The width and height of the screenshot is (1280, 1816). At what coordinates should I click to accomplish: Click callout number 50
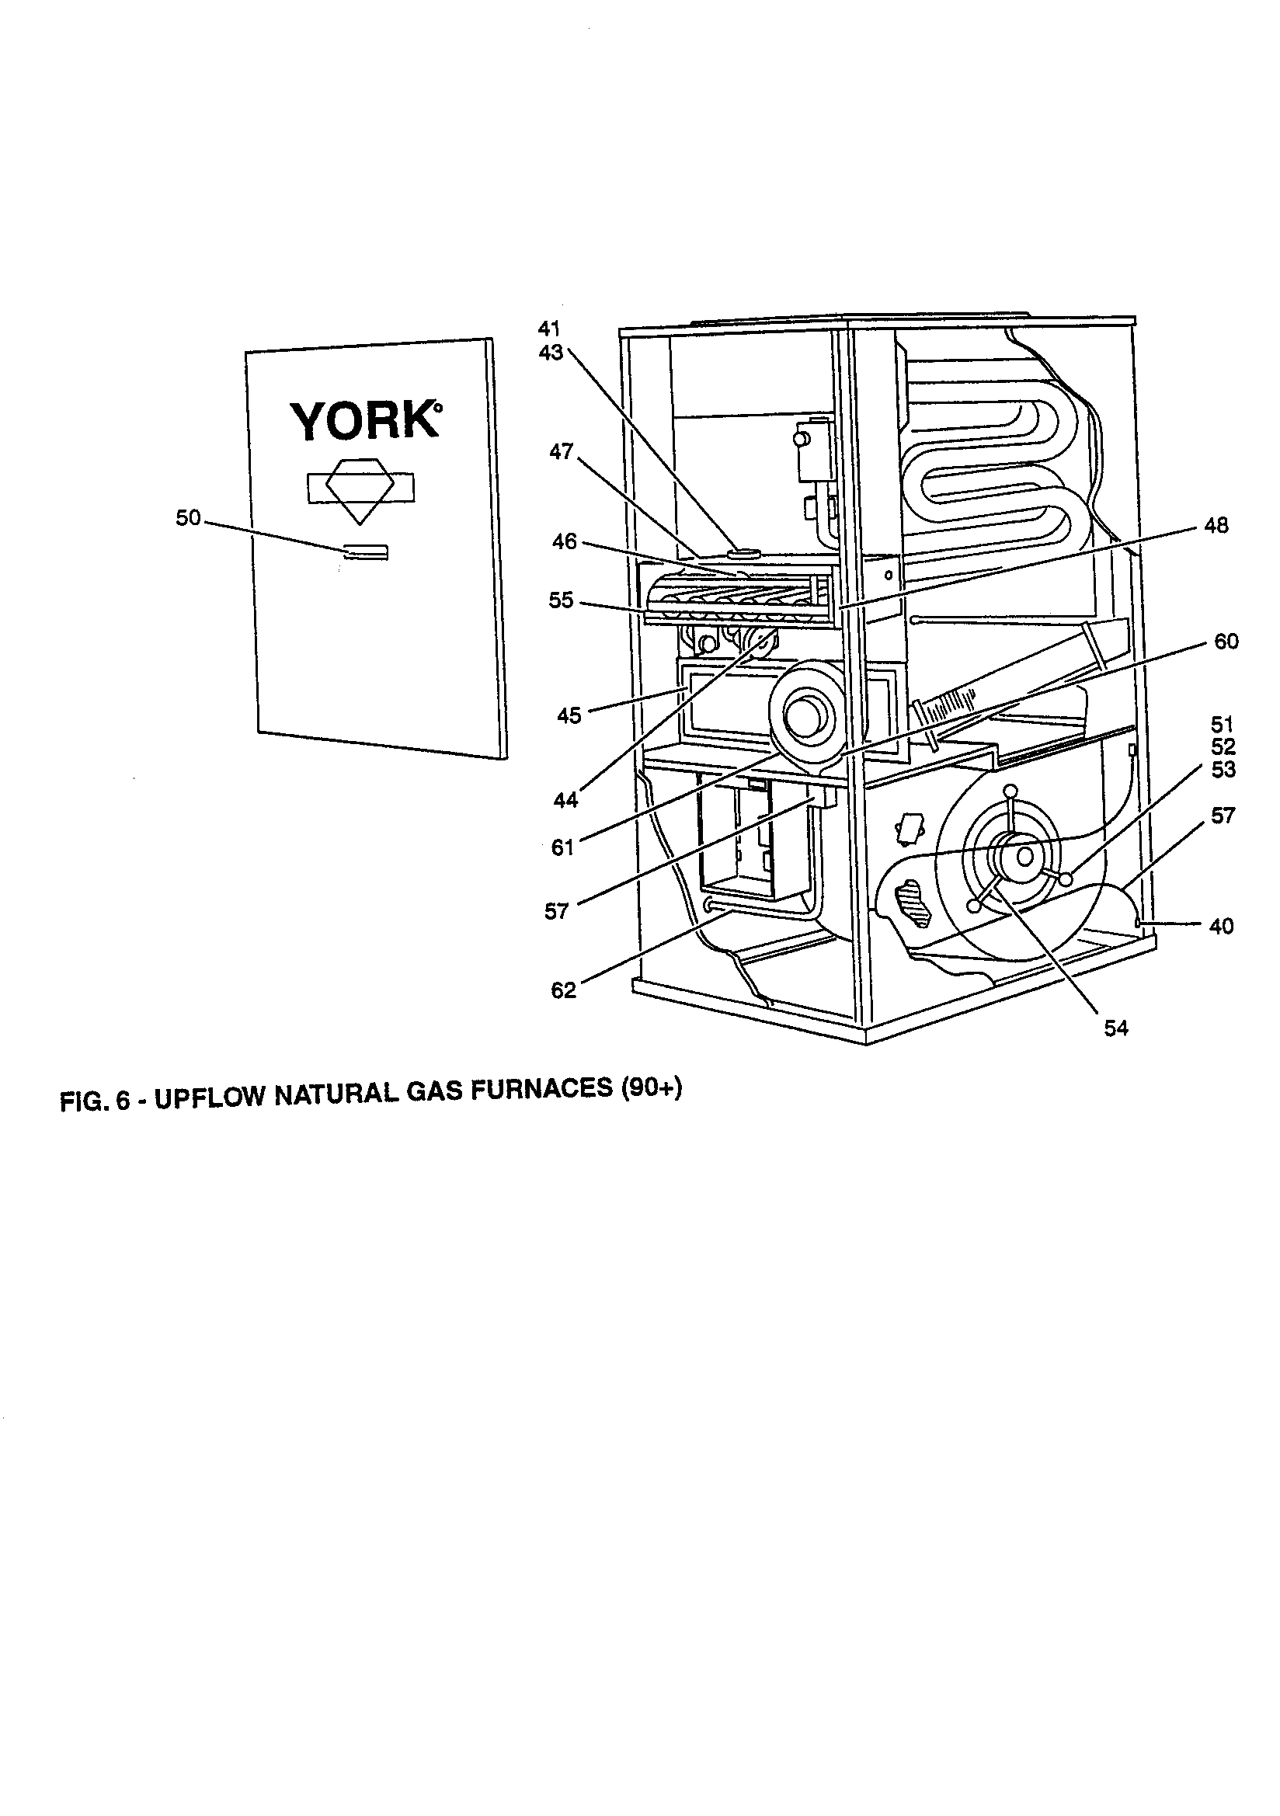coord(188,519)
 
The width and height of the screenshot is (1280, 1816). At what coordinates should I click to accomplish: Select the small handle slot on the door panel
coord(367,551)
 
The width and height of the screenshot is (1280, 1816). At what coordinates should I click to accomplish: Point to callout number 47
coord(561,453)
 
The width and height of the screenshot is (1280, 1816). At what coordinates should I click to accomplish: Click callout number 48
coord(1215,525)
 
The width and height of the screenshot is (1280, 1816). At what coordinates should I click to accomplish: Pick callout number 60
coord(1226,642)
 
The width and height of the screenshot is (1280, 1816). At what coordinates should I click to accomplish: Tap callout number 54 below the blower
coord(1115,1028)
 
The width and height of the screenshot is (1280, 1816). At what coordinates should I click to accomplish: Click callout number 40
coord(1222,926)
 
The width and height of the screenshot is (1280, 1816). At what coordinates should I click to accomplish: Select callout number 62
coord(563,990)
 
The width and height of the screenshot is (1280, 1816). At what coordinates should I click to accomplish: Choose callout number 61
coord(562,848)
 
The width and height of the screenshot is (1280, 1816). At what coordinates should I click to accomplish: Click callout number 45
coord(569,716)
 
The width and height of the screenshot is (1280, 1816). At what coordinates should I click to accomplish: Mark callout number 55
coord(561,601)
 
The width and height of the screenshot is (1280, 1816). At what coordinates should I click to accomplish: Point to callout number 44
coord(565,801)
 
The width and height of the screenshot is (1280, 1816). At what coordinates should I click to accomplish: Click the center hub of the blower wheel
coord(1025,856)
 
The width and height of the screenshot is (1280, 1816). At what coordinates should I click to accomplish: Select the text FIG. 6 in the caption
coord(93,1101)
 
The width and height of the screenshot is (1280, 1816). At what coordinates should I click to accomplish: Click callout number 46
coord(564,543)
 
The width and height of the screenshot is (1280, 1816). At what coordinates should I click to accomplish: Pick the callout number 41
coord(549,329)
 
